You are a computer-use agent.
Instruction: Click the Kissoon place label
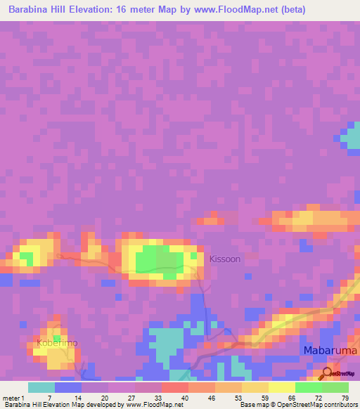pos(224,259)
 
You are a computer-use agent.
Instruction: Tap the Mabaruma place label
pos(330,350)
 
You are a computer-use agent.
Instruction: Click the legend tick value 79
pos(345,397)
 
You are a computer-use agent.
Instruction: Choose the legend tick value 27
pos(131,397)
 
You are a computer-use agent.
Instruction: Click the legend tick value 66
pos(291,397)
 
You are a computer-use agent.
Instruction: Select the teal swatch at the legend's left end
pos(41,387)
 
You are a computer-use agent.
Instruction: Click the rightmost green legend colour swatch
pos(335,387)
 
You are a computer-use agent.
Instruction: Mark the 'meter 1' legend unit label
pos(13,397)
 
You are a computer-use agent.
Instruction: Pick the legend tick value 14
pos(77,397)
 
